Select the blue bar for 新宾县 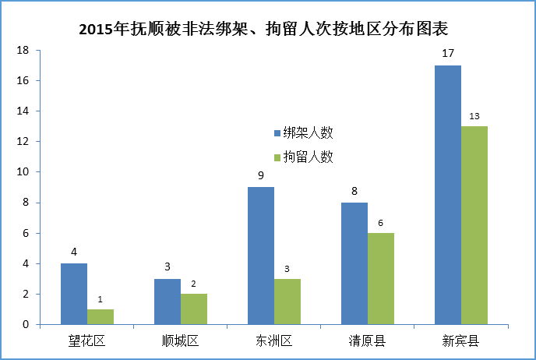[x=448, y=195]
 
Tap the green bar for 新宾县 [x=474, y=225]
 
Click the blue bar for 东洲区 [x=261, y=256]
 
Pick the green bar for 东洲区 [x=287, y=302]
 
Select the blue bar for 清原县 [x=354, y=263]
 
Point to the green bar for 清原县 [x=381, y=279]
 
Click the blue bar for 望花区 [x=74, y=294]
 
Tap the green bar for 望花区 [x=100, y=316]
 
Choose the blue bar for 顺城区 [x=167, y=302]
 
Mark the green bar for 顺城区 [x=194, y=309]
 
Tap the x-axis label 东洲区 [x=274, y=341]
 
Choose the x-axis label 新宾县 [x=460, y=341]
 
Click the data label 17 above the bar [x=448, y=55]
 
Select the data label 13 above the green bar [x=474, y=116]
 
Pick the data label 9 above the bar [x=261, y=176]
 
